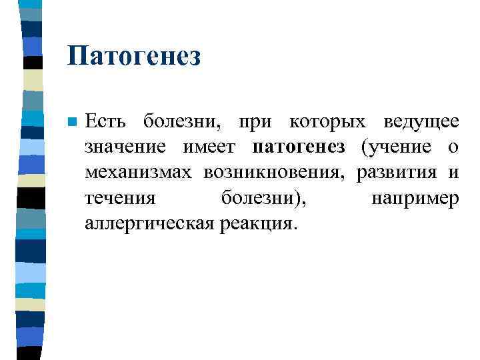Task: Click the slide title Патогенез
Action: tap(133, 56)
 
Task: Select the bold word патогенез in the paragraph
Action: tap(299, 147)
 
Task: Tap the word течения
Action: tap(120, 198)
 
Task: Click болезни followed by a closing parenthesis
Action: tap(263, 198)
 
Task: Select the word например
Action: tap(415, 198)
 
